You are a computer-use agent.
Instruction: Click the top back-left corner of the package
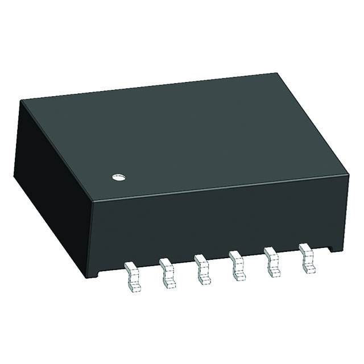tap(22, 101)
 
